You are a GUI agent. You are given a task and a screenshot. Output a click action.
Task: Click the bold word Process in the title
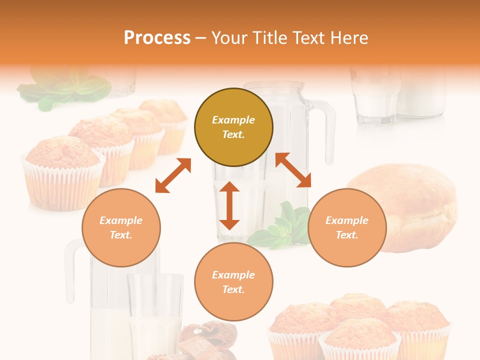(x=157, y=38)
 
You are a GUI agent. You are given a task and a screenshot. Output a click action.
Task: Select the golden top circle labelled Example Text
(x=233, y=127)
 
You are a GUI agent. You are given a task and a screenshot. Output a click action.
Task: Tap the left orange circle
(x=121, y=227)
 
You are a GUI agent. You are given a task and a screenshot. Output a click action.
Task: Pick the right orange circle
(x=347, y=227)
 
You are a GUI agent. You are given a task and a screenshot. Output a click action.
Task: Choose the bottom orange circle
(x=233, y=282)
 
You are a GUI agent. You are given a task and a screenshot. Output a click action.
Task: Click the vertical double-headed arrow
(x=229, y=205)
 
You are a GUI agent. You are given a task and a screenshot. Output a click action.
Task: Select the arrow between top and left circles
(x=173, y=175)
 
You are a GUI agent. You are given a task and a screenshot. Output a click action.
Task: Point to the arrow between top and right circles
(x=293, y=170)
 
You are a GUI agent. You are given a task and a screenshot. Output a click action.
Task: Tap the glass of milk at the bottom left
(x=155, y=315)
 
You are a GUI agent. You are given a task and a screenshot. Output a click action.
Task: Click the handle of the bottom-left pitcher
(x=70, y=270)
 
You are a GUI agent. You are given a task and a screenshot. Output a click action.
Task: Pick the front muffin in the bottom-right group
(x=360, y=340)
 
